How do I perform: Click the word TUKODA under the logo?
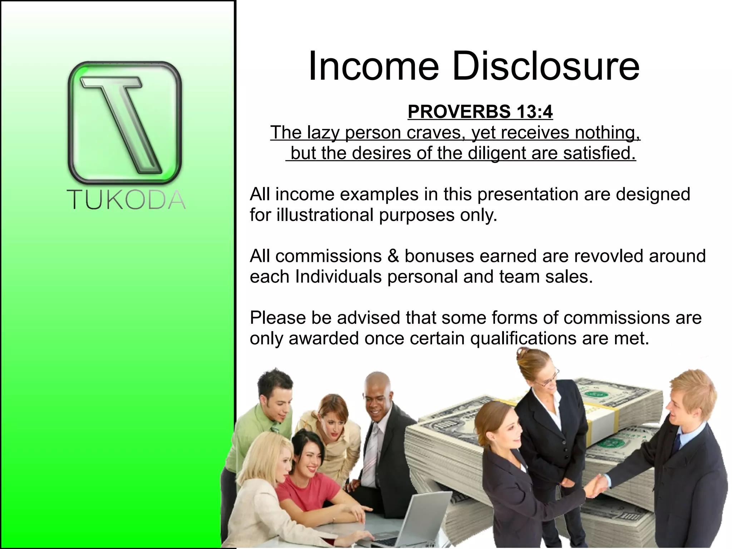[126, 200]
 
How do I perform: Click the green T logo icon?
[125, 123]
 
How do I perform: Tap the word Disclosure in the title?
[546, 67]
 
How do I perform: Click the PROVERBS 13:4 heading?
[480, 112]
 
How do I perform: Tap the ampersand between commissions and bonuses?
[393, 256]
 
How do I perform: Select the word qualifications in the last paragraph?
[523, 338]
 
